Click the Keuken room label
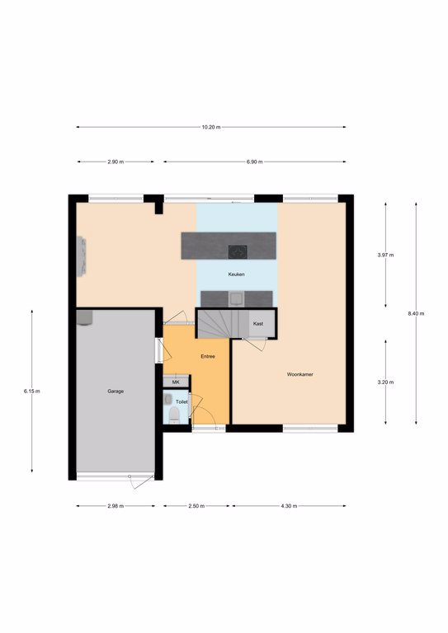[236, 274]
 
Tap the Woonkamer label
[299, 374]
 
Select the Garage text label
[116, 392]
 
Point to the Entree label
[208, 356]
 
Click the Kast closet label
[258, 324]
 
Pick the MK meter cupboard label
[176, 382]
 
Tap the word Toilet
[182, 402]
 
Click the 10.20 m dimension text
[211, 127]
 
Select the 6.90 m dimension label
[254, 162]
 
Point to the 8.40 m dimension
[416, 314]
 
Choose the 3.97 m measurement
[385, 256]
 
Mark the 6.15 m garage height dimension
[32, 392]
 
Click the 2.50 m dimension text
[196, 506]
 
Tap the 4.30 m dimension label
[290, 506]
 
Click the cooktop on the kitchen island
[238, 252]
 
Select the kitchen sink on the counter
[236, 299]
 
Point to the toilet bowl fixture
[174, 415]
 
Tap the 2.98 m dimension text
[116, 506]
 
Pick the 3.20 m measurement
[385, 382]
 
